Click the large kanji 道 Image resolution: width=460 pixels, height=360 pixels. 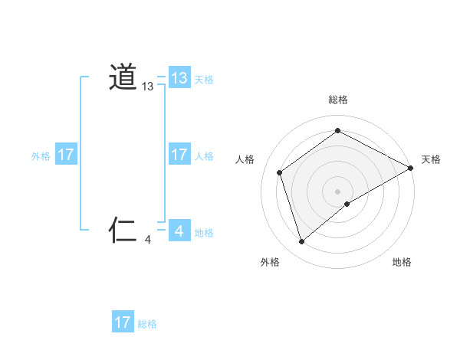(123, 77)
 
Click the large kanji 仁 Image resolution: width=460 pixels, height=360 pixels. (123, 229)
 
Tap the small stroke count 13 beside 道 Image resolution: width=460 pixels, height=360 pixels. (148, 87)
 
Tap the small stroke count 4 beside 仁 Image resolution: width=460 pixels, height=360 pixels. (148, 240)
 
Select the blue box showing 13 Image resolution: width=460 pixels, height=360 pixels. (179, 78)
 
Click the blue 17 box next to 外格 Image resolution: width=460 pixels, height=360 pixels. (66, 155)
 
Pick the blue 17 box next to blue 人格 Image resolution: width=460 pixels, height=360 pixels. (179, 155)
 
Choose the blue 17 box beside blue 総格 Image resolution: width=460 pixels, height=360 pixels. (123, 322)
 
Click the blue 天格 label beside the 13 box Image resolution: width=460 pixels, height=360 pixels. (204, 80)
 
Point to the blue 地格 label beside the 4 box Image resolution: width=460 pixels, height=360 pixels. (204, 233)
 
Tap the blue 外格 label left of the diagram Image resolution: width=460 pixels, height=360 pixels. (41, 156)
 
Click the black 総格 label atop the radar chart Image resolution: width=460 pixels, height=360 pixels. (338, 100)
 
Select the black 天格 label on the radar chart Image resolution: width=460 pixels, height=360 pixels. (431, 159)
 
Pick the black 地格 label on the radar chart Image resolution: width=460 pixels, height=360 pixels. (402, 262)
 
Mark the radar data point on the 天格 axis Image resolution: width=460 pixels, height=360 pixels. (411, 168)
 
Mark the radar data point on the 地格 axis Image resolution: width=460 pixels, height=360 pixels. (347, 204)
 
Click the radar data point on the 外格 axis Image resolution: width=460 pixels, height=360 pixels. (301, 242)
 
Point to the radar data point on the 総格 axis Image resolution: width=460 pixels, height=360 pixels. (338, 131)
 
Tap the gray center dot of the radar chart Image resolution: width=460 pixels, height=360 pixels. (338, 191)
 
